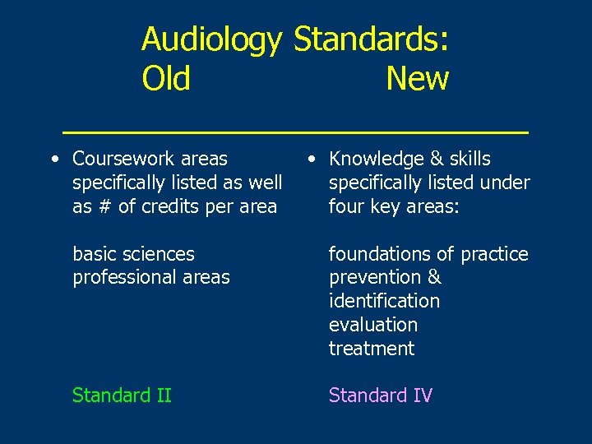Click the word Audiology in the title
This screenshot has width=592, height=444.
click(212, 39)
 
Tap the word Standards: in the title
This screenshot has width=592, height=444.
click(371, 39)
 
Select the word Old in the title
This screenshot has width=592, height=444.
click(166, 79)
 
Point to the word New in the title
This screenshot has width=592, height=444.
click(417, 79)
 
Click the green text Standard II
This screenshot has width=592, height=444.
click(122, 395)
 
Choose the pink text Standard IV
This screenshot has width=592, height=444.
click(380, 395)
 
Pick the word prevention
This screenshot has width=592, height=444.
click(374, 278)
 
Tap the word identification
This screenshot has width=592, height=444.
click(384, 301)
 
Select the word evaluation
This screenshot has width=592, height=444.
click(373, 325)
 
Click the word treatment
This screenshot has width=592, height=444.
click(372, 349)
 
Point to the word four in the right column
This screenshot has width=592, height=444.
click(345, 206)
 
